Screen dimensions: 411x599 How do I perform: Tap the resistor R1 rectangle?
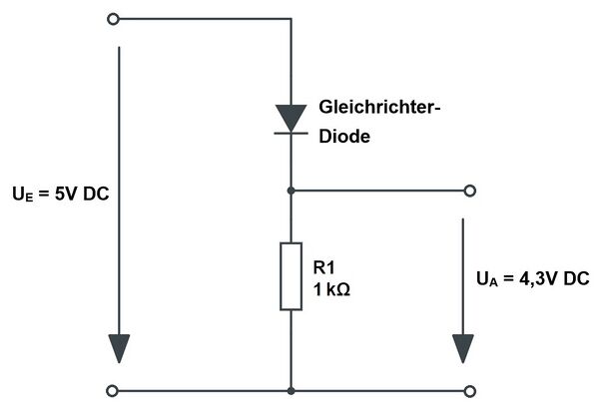pyautogui.click(x=291, y=275)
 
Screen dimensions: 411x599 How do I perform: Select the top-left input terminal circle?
pyautogui.click(x=112, y=19)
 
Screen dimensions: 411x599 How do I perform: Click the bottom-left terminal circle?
pyautogui.click(x=112, y=390)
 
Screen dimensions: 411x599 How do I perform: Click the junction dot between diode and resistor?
pyautogui.click(x=291, y=190)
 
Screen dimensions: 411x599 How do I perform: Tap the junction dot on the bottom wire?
pyautogui.click(x=291, y=390)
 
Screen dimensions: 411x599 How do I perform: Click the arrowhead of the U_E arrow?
pyautogui.click(x=120, y=348)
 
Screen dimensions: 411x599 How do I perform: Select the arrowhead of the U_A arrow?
pyautogui.click(x=462, y=348)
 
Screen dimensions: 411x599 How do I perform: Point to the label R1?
pyautogui.click(x=324, y=267)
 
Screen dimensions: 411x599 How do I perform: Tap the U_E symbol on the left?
pyautogui.click(x=21, y=194)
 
